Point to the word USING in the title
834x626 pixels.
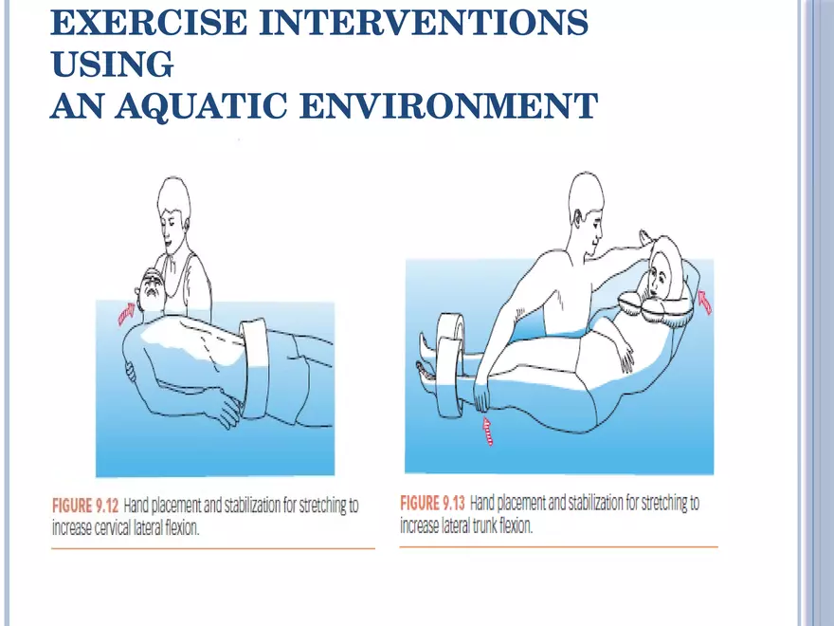pyautogui.click(x=112, y=64)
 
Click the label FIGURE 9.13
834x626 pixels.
pyautogui.click(x=433, y=502)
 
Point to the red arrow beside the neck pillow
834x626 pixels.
pyautogui.click(x=703, y=301)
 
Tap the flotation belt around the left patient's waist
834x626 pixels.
pyautogui.click(x=256, y=371)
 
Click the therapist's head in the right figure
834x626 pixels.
pyautogui.click(x=586, y=199)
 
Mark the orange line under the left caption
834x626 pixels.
pyautogui.click(x=213, y=548)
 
